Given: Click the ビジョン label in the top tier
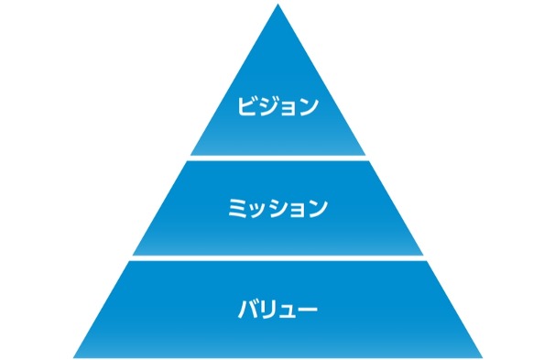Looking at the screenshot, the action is tap(277, 106).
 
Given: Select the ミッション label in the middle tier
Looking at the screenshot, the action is tap(277, 208).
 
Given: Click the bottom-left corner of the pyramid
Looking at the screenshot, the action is tap(75, 355).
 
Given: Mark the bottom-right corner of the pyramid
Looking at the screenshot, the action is tap(481, 355).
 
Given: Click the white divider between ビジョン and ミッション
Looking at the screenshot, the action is tap(277, 158).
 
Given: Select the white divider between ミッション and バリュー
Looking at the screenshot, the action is tap(277, 258).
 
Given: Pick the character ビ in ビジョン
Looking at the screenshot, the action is tap(246, 106).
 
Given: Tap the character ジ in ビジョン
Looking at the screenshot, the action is tap(267, 106).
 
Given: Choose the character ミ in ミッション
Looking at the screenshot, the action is tap(236, 208).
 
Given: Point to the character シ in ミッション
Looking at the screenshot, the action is tap(277, 208).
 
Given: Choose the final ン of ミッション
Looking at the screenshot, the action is tap(318, 208).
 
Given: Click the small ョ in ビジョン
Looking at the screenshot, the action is tap(288, 108).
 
